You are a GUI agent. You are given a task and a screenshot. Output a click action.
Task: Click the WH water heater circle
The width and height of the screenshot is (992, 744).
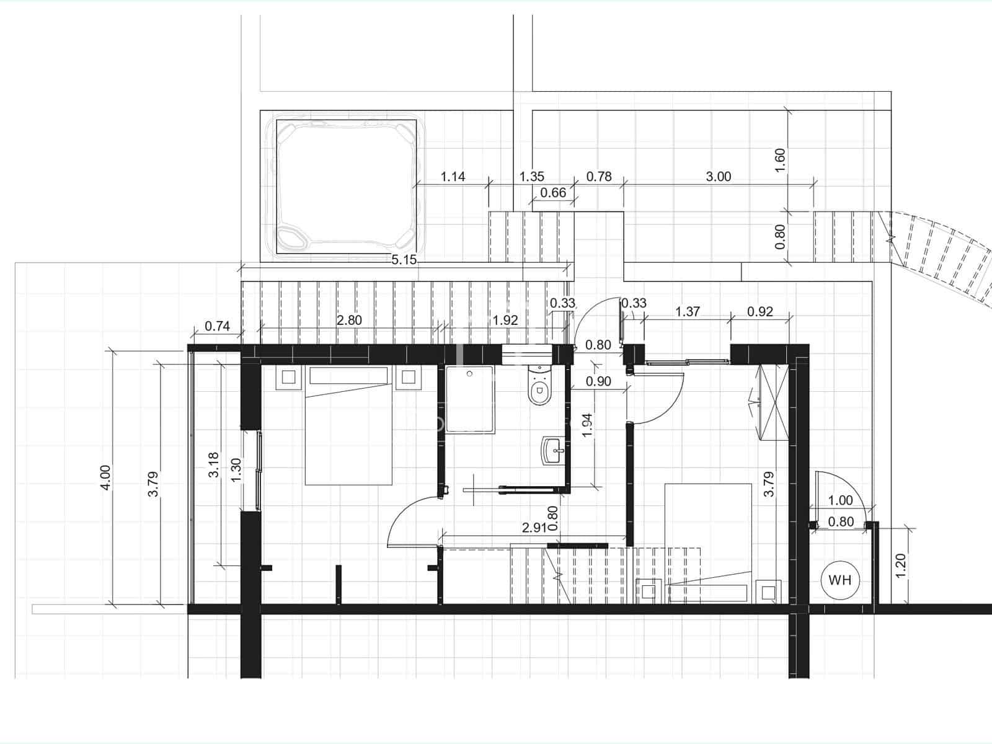pos(840,580)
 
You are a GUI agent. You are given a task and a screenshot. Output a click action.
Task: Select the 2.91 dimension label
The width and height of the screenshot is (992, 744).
pos(534,528)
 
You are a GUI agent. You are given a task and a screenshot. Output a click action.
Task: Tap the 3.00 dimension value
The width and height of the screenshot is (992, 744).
pos(719,177)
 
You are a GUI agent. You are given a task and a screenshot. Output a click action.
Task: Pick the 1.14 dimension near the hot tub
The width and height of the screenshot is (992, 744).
pos(453,177)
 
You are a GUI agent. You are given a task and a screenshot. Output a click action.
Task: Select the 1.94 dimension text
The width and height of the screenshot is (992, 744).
pos(588,425)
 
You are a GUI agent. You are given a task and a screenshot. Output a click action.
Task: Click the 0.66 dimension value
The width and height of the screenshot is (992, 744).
pos(553,193)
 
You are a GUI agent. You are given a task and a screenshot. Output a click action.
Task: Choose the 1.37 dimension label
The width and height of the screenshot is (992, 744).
pos(688,311)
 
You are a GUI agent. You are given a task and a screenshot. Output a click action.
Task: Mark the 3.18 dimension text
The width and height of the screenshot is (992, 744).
pos(213,464)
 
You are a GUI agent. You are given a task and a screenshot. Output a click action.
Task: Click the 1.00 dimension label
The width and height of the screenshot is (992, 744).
pos(841,500)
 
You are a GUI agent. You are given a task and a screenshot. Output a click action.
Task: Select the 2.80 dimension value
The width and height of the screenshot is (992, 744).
pos(349,321)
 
